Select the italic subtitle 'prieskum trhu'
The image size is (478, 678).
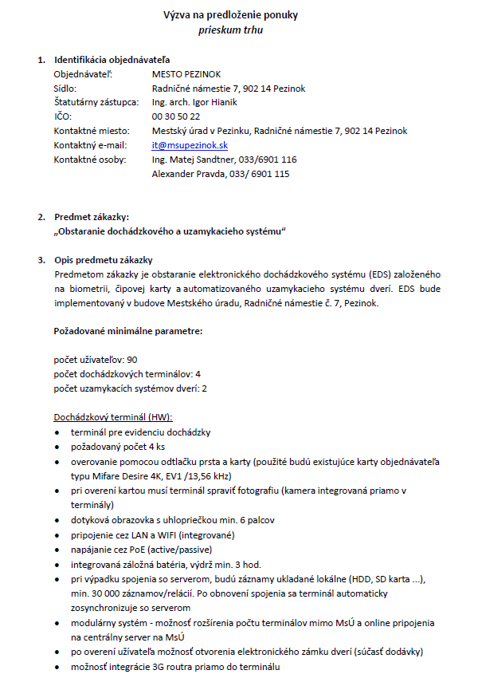coord(230,30)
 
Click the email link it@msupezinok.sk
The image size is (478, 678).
coord(190,145)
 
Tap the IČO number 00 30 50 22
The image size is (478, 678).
coord(176,116)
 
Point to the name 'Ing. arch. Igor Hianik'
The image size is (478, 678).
coord(194,102)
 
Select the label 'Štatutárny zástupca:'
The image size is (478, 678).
coord(96,102)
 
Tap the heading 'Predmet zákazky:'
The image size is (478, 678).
coord(92,217)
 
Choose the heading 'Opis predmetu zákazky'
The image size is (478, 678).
coord(103,260)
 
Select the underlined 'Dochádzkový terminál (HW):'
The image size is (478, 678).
coord(113,417)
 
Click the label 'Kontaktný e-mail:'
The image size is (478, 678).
coord(90,145)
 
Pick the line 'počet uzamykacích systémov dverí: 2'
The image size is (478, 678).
coord(130,388)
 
